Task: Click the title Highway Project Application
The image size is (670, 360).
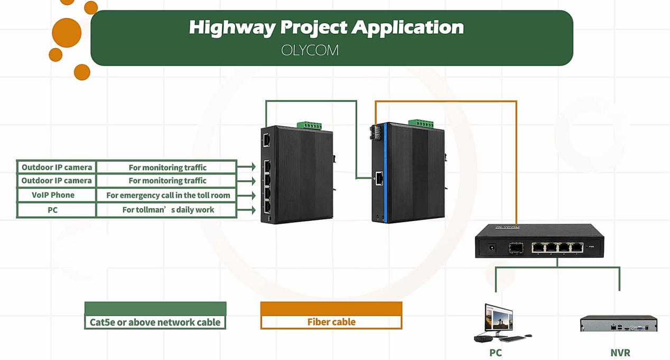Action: tap(326, 27)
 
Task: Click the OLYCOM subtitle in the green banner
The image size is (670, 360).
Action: tap(310, 51)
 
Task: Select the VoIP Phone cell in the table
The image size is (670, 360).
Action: tap(53, 195)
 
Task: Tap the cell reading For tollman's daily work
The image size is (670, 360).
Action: tap(168, 210)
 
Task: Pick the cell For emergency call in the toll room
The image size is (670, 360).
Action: tap(168, 195)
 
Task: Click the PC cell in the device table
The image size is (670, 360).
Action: tap(53, 210)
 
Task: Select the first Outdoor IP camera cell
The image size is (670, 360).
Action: tap(57, 167)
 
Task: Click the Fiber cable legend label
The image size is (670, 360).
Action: tap(331, 322)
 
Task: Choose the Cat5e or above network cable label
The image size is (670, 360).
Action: tap(155, 322)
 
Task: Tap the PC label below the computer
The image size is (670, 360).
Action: tap(495, 353)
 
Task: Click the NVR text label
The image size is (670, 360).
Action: tap(620, 353)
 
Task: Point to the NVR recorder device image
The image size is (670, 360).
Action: tap(618, 323)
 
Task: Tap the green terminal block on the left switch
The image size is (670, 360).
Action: tap(309, 125)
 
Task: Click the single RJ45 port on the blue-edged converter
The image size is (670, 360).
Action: tap(379, 178)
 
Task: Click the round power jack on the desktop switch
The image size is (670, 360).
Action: tap(492, 247)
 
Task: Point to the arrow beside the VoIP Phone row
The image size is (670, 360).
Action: tap(247, 196)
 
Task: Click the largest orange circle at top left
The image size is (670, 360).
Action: tap(67, 33)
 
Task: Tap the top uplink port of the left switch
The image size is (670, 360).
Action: tap(266, 140)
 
